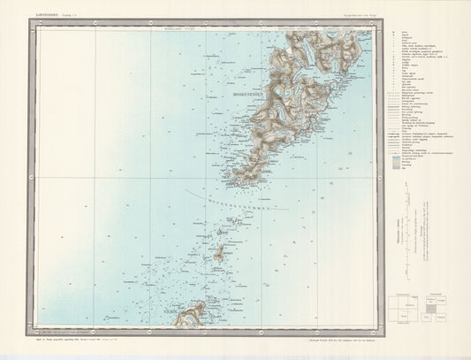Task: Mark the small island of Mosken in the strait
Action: [x=219, y=254]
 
